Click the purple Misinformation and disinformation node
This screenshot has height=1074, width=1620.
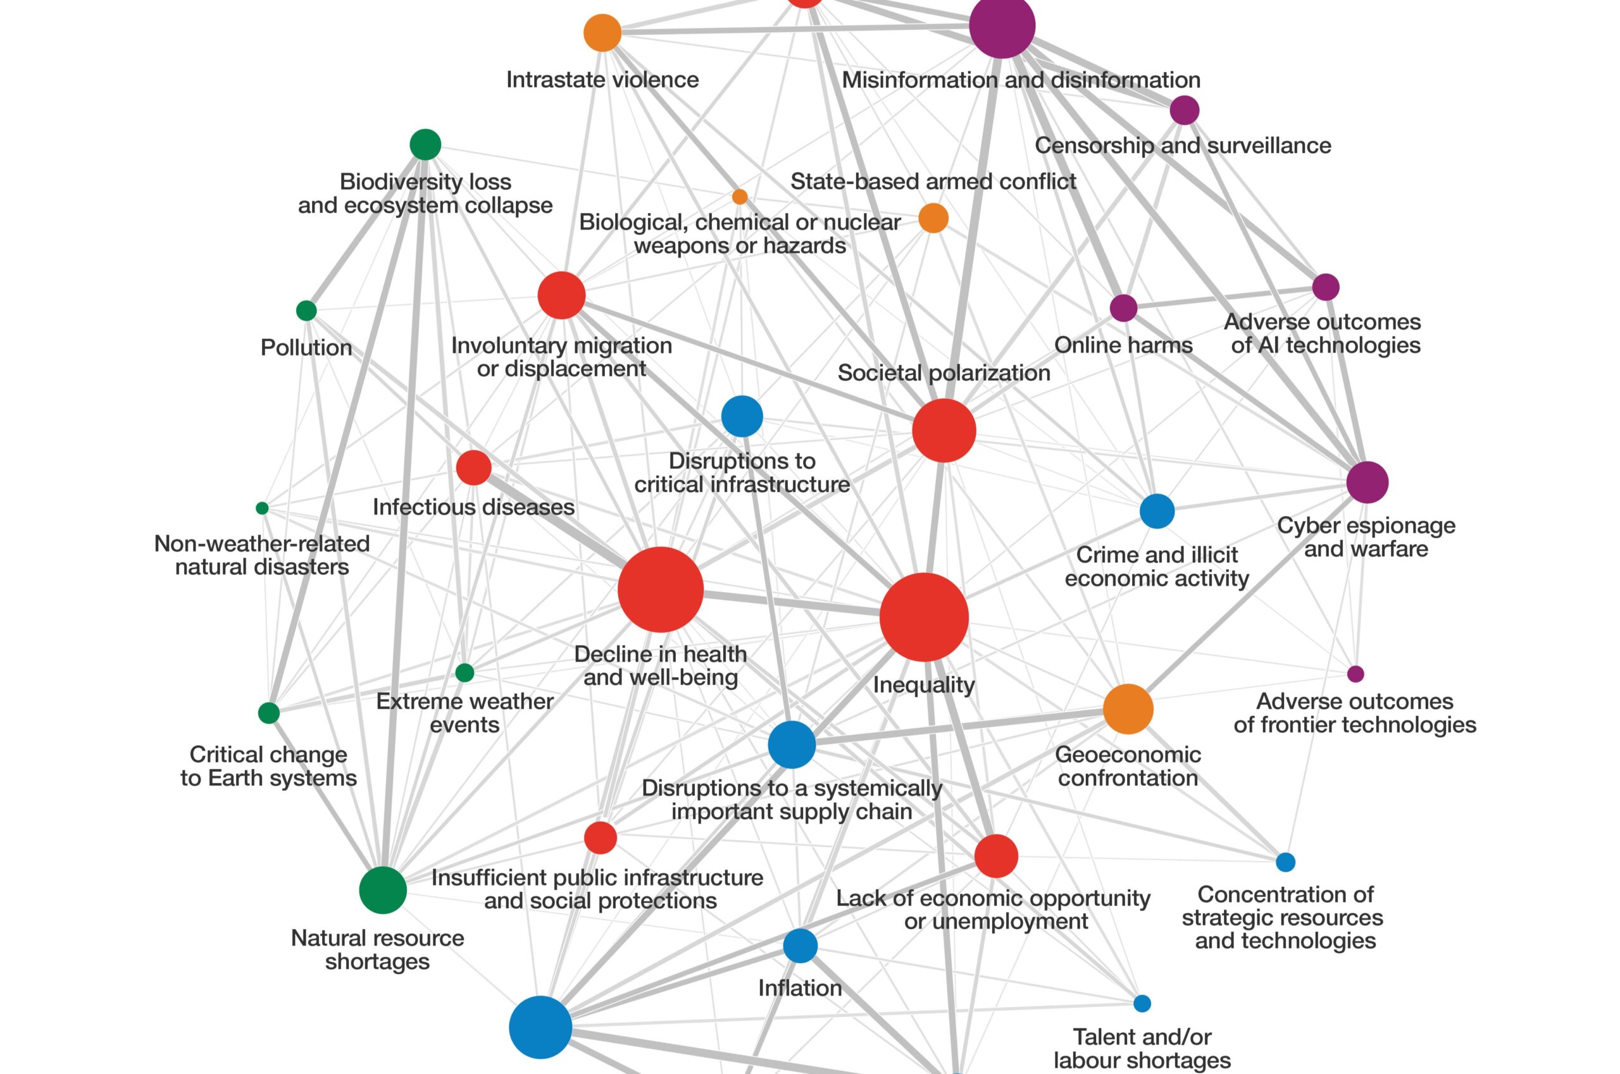[1002, 25]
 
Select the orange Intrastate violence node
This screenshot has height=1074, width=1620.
[602, 32]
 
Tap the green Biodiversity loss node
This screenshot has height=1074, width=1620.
[425, 144]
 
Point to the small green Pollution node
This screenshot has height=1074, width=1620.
[306, 311]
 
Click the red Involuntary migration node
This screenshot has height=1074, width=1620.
[561, 295]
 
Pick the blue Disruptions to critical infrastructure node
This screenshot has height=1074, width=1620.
[742, 416]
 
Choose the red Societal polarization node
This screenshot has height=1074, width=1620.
[944, 430]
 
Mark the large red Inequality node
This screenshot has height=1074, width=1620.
[924, 617]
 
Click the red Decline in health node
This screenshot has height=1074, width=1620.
[660, 589]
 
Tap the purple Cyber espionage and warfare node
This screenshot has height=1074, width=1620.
[1367, 482]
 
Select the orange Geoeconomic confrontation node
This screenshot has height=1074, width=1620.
[1128, 709]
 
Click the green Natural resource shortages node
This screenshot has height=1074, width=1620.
[383, 890]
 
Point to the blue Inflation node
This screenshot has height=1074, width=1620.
[801, 946]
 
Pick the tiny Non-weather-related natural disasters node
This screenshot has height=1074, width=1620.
[262, 509]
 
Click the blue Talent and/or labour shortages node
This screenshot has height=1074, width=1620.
[1142, 1003]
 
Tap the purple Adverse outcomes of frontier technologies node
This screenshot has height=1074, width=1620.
[1355, 674]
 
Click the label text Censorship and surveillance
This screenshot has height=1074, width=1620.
[1183, 145]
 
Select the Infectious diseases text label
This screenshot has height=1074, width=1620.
[473, 507]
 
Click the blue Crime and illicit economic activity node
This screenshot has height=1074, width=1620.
[1157, 511]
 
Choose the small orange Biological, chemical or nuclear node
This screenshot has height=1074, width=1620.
[739, 197]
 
